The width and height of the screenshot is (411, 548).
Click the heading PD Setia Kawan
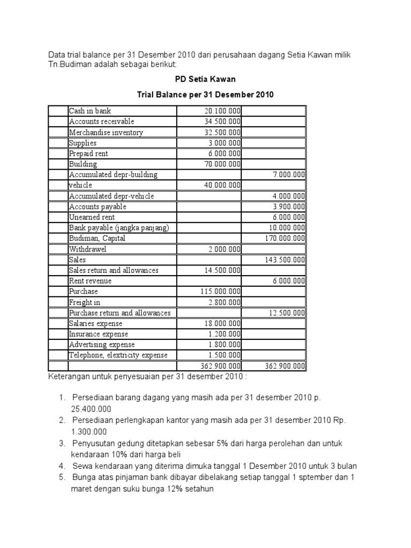(205, 79)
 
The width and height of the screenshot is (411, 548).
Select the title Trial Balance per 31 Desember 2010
(205, 95)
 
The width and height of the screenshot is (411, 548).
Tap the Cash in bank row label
(90, 111)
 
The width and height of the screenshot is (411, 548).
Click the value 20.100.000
(222, 111)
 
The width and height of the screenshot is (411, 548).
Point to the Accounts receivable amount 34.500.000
(222, 122)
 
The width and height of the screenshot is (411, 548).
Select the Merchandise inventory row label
(106, 133)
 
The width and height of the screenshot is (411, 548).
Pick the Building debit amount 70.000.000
(222, 164)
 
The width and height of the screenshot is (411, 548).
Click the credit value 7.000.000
(288, 175)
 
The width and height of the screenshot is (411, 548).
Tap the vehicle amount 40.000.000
(222, 185)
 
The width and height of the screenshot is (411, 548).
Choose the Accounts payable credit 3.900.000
(288, 207)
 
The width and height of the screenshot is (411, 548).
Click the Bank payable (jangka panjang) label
(119, 228)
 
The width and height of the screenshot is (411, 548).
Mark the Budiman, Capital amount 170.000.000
(285, 239)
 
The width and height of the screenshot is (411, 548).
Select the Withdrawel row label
(88, 249)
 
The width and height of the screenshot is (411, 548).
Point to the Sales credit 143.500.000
(285, 260)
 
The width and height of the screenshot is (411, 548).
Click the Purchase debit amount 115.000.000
(220, 292)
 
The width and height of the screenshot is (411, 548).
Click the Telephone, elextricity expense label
(118, 355)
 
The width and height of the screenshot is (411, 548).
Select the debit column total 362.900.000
(220, 366)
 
